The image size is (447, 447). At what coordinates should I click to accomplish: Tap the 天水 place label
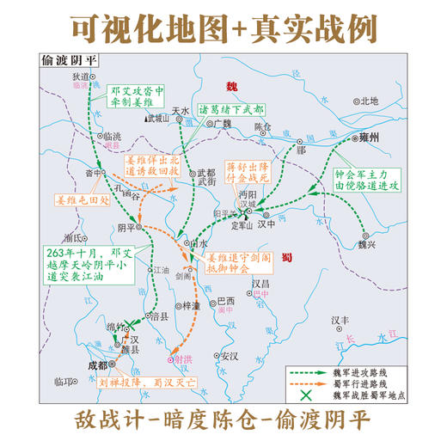179,111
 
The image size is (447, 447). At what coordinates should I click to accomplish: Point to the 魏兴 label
369,243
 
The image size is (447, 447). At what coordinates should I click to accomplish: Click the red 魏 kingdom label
230,86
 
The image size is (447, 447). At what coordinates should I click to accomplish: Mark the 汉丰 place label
341,320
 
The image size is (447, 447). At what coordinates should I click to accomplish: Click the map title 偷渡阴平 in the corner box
67,61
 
